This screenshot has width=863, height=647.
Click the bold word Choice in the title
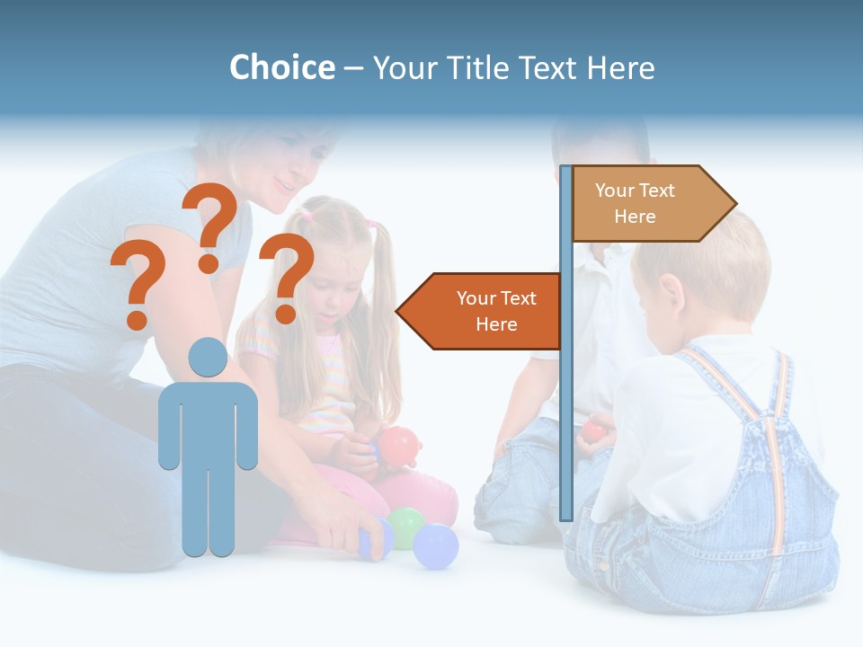(281, 67)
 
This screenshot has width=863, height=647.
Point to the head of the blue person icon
(208, 357)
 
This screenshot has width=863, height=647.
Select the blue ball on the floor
(436, 546)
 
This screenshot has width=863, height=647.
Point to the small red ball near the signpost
(593, 430)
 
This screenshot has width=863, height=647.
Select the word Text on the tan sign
(656, 190)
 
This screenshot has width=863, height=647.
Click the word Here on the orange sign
(496, 324)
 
